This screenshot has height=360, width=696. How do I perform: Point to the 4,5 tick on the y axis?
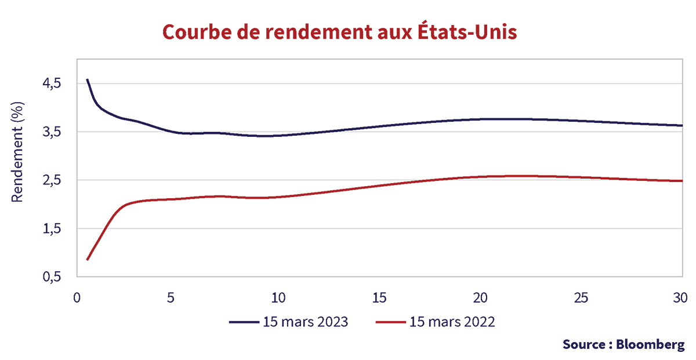[52, 83]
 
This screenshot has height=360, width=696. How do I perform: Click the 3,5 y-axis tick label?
[52, 132]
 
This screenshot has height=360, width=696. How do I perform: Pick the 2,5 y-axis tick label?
[52, 180]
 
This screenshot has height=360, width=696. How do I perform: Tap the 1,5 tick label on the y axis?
[52, 229]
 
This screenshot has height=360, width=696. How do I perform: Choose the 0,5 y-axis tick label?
[52, 277]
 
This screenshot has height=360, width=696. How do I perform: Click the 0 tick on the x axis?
[77, 298]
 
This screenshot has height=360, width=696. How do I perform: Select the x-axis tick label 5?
[171, 298]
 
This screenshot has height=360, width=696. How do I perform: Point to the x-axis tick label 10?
[278, 298]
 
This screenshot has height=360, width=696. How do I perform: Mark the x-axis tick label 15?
[379, 298]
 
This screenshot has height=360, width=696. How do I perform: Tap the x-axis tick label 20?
[480, 298]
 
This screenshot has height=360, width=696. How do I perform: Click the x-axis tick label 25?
[581, 298]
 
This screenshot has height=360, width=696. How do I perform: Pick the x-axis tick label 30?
[681, 298]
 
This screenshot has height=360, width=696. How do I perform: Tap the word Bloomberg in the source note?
[650, 344]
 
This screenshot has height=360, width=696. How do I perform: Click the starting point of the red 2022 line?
[87, 260]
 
